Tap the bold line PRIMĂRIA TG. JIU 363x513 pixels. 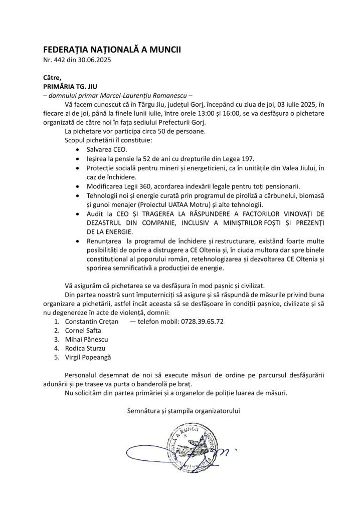(x=69, y=86)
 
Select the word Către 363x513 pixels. (x=52, y=77)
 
